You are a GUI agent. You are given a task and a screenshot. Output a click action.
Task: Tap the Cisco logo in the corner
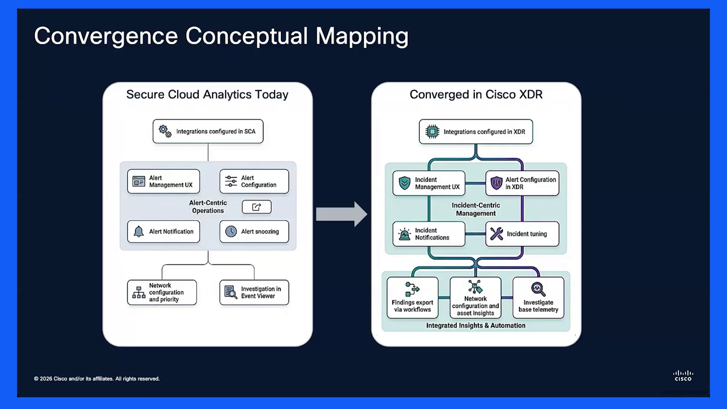(683, 376)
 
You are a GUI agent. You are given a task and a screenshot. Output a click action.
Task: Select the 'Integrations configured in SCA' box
(208, 131)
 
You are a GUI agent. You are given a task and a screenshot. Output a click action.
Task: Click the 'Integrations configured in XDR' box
(476, 132)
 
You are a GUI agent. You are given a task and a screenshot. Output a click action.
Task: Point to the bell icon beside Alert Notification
(139, 231)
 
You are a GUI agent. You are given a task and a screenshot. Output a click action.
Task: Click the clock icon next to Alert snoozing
(231, 231)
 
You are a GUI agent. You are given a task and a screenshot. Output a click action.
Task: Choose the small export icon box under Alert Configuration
(257, 207)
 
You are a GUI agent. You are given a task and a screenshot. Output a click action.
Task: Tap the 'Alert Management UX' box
(164, 181)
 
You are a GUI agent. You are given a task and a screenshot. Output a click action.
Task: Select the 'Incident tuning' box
(522, 234)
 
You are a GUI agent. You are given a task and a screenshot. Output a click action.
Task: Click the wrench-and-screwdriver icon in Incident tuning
(496, 234)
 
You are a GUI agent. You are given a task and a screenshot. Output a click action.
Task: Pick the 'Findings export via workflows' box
(412, 298)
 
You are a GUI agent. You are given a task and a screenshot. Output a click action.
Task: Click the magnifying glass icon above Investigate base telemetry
(538, 289)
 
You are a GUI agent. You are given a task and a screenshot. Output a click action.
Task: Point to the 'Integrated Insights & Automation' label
(476, 325)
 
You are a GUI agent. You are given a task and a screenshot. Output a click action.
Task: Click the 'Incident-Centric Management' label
(476, 209)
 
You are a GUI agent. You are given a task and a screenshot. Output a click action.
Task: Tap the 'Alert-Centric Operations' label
(208, 207)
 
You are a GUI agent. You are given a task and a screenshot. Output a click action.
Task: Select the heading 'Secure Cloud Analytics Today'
(207, 94)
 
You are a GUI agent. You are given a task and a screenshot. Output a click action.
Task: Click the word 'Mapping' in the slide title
(362, 37)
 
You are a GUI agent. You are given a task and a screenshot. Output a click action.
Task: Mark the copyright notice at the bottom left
(97, 379)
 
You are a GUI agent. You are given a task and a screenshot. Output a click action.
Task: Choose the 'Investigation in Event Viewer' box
(254, 292)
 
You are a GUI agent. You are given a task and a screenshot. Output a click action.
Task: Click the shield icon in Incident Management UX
(404, 183)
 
